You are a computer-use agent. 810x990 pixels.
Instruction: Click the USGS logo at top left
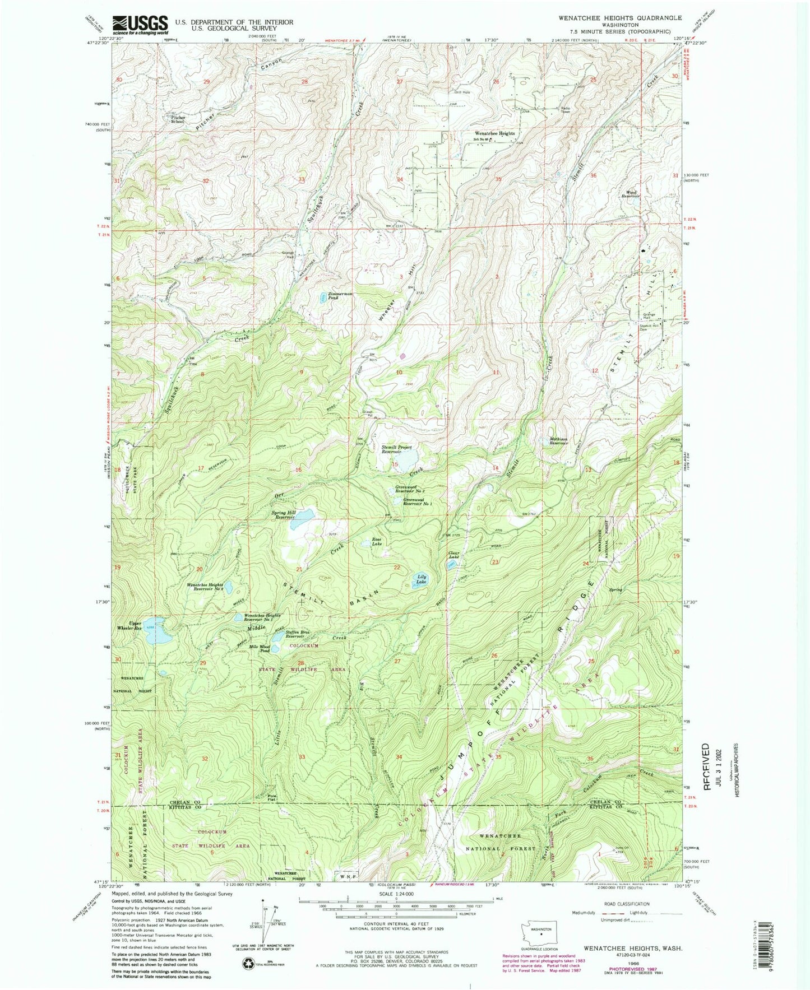click(x=140, y=25)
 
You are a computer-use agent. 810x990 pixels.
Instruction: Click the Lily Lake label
click(x=421, y=579)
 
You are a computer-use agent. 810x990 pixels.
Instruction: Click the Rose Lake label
click(x=377, y=542)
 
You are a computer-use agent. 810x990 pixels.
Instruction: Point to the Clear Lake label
click(x=453, y=555)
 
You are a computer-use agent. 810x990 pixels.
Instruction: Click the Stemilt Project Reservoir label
click(x=397, y=449)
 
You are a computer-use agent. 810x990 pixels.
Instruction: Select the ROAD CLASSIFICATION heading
click(x=627, y=904)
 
